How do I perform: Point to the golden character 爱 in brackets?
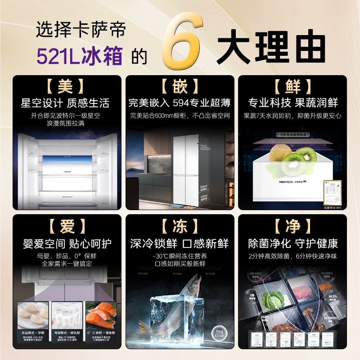pyautogui.click(x=67, y=226)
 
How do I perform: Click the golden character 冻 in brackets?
pyautogui.click(x=180, y=226)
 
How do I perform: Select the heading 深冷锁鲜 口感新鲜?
pyautogui.click(x=180, y=243)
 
